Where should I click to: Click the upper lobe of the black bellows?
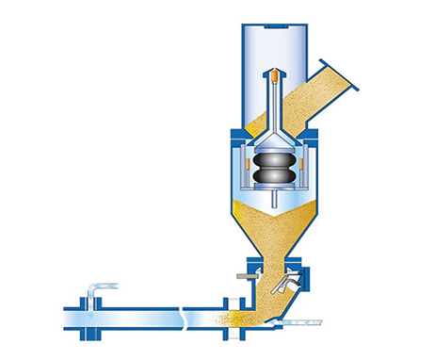273,162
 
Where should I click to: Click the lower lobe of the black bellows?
273,177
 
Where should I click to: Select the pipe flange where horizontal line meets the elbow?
225,313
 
